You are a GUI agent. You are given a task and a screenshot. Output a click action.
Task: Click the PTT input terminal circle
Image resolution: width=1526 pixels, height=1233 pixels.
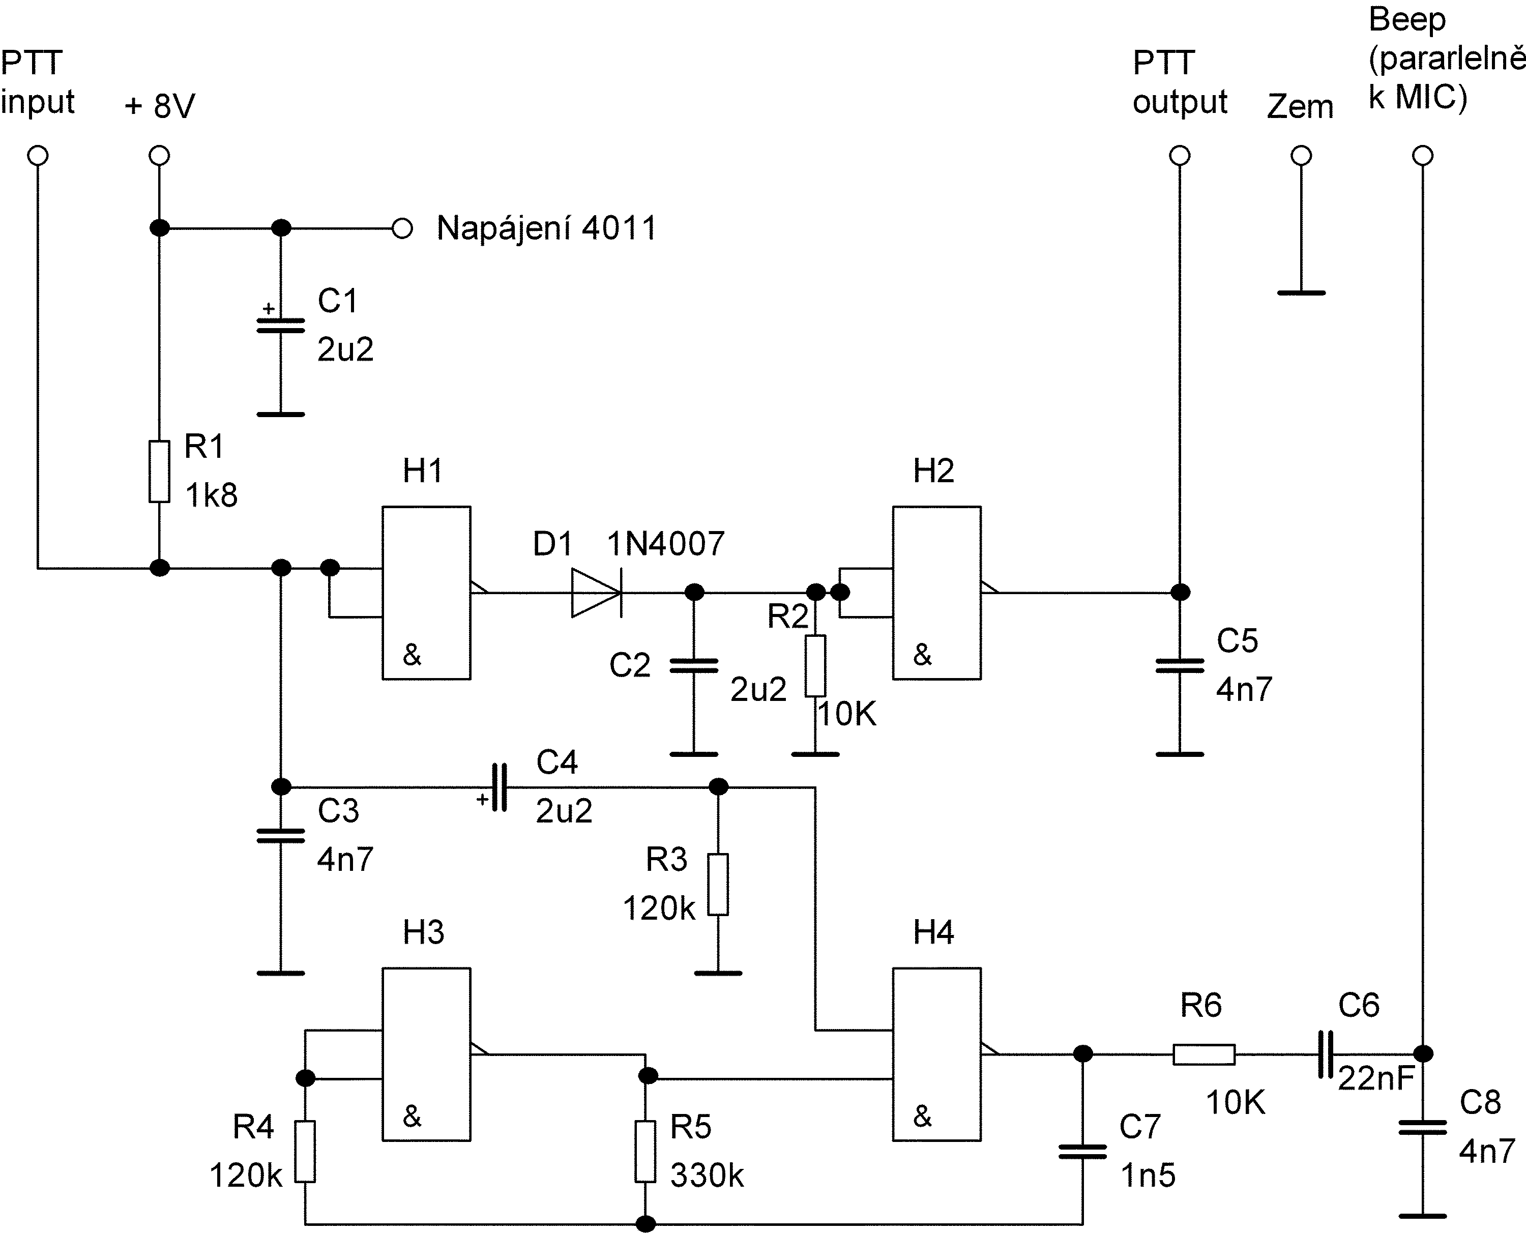click(38, 156)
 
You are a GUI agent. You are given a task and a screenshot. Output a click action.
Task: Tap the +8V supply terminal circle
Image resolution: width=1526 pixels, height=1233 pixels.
click(159, 156)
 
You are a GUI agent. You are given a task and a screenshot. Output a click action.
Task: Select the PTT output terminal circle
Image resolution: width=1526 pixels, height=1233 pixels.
click(1180, 156)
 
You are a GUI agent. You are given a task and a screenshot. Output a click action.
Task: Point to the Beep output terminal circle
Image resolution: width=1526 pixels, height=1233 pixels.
click(1422, 156)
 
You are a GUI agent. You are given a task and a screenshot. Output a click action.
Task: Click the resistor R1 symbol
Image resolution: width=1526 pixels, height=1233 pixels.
click(159, 472)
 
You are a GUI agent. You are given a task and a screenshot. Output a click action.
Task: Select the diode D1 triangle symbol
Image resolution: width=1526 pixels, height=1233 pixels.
click(597, 592)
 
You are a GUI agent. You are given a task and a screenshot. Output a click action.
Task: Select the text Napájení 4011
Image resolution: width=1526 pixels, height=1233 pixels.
click(547, 229)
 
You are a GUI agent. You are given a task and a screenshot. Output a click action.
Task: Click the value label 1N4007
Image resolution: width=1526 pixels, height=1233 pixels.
click(665, 544)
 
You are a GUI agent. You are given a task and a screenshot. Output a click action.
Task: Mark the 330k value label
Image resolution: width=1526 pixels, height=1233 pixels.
click(707, 1176)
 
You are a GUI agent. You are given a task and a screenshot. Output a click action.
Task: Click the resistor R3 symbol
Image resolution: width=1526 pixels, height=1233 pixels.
click(718, 884)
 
